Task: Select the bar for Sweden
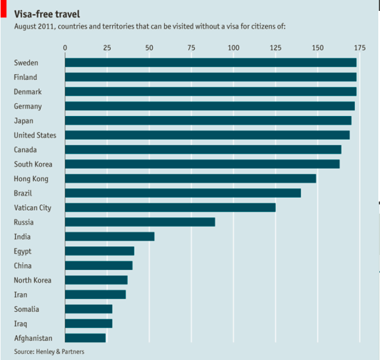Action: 210,63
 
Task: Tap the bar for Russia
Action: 139,222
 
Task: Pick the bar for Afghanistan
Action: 85,338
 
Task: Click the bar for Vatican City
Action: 170,207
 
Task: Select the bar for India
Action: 109,237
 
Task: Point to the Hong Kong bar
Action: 190,179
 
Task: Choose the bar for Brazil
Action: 183,193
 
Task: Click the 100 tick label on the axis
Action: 233,48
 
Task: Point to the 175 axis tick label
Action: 359,48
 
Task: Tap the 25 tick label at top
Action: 107,48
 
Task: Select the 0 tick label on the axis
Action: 65,48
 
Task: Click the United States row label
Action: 35,136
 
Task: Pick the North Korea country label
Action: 33,280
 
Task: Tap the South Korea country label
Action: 33,164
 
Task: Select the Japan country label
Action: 24,121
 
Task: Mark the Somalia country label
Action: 26,309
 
